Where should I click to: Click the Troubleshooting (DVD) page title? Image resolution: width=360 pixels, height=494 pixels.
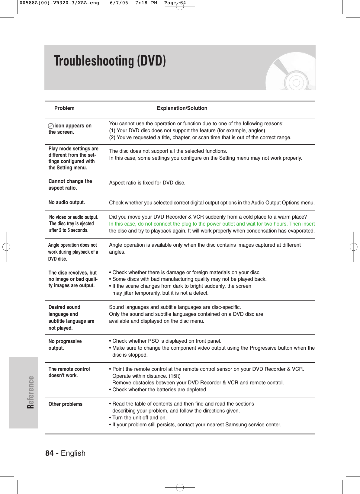110,61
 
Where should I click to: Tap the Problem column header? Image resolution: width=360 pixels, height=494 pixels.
64,108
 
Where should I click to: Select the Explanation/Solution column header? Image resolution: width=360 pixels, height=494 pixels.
182,108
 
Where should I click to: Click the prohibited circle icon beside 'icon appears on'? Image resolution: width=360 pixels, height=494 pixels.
51,126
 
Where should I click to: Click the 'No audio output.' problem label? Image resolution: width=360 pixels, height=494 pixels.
67,202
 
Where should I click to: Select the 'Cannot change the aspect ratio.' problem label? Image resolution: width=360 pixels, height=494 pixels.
70,184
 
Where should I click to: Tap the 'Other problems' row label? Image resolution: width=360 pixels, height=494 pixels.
66,404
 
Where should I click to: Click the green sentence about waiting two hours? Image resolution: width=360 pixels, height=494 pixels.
212,224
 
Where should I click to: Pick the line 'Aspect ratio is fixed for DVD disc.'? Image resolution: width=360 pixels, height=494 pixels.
147,183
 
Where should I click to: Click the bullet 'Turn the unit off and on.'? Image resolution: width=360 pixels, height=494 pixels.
139,418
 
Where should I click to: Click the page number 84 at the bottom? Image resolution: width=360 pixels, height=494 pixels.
50,453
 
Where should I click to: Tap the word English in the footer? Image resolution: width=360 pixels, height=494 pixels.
73,453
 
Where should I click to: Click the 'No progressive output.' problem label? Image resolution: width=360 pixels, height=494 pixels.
65,345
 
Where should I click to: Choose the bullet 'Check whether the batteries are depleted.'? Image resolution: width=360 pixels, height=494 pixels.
160,390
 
